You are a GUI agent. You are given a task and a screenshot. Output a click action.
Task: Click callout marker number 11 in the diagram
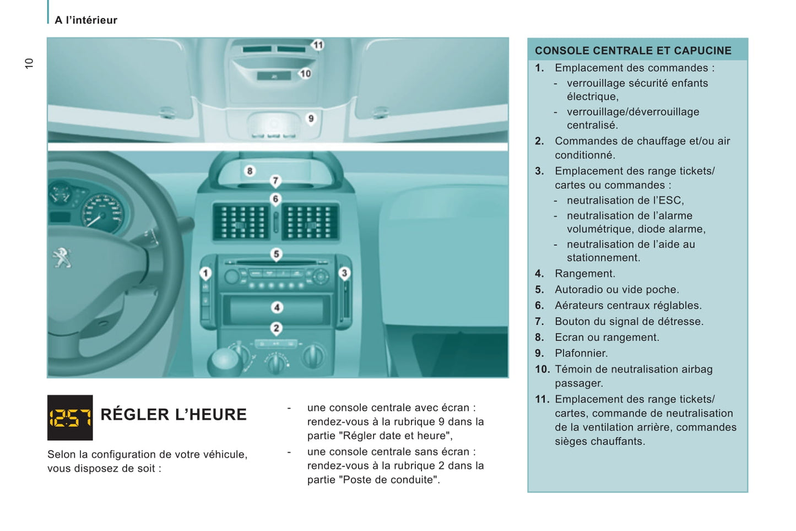pos(318,45)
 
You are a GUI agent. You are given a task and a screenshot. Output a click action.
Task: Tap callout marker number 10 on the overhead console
pos(305,73)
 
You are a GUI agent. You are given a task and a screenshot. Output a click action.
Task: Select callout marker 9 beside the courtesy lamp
pos(311,118)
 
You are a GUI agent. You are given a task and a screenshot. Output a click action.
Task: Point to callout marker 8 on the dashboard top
pos(250,171)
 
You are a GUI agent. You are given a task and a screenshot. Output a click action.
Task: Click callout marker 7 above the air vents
pos(275,180)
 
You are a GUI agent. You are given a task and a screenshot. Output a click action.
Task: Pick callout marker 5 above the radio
pos(276,254)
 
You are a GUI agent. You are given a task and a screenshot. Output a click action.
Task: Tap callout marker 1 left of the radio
pos(205,273)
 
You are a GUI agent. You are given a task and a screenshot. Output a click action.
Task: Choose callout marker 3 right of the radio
pos(344,273)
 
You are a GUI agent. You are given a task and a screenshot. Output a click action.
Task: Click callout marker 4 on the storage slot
pos(277,307)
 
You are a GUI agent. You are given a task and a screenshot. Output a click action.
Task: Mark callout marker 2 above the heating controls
pos(277,328)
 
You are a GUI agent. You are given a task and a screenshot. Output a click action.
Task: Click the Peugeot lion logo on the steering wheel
pos(62,257)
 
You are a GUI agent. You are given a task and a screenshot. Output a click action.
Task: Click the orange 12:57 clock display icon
pos(70,418)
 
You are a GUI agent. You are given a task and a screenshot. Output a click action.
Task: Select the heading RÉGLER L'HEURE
pos(174,414)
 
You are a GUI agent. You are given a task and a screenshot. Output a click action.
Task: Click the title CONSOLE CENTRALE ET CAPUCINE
pos(633,51)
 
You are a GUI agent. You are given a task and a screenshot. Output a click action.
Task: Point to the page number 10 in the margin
pos(29,63)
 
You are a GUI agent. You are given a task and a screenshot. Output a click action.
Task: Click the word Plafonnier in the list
pos(581,353)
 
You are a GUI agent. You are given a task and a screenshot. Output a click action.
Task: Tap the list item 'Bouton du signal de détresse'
pos(629,321)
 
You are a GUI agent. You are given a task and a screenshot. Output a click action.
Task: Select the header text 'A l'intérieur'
pos(86,20)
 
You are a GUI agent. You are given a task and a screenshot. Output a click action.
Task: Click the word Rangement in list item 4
pos(584,273)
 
